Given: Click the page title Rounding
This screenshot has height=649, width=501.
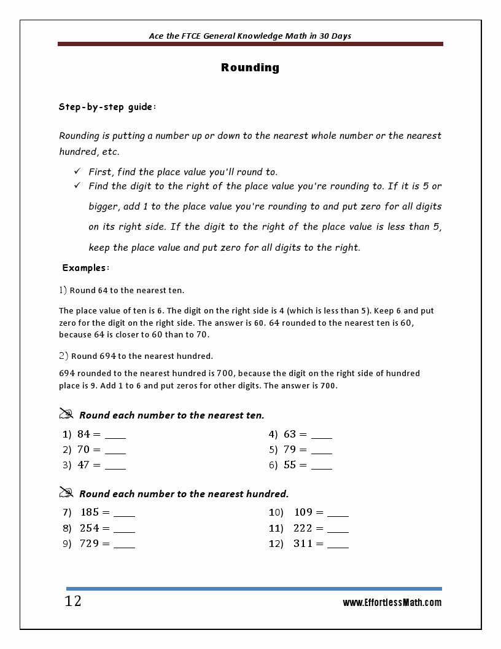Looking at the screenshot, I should click(250, 68).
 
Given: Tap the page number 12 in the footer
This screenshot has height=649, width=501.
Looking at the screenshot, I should click(73, 601).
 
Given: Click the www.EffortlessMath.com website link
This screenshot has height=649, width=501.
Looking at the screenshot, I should click(392, 603).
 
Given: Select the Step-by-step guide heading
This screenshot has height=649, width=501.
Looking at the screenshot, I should click(107, 107).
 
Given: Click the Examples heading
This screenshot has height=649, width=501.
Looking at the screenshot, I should click(86, 268).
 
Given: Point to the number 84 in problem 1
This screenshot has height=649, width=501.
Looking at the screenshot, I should click(83, 434).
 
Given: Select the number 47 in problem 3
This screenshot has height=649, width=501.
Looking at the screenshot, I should click(83, 465).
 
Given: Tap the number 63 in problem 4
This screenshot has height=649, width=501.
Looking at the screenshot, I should click(290, 434).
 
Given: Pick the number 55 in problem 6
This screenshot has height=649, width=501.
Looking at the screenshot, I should click(290, 465).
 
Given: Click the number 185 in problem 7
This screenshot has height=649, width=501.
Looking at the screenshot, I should click(89, 512).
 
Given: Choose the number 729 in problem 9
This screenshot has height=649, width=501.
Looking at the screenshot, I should click(89, 544).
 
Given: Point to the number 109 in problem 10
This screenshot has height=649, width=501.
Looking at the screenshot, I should click(303, 512).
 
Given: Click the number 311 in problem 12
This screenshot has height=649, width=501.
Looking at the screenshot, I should click(303, 544).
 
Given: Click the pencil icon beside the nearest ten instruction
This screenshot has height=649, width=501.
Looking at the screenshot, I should click(66, 414).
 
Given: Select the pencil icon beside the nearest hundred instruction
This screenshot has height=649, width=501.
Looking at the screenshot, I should click(66, 492).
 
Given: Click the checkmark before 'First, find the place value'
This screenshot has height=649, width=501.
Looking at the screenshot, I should click(77, 171).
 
